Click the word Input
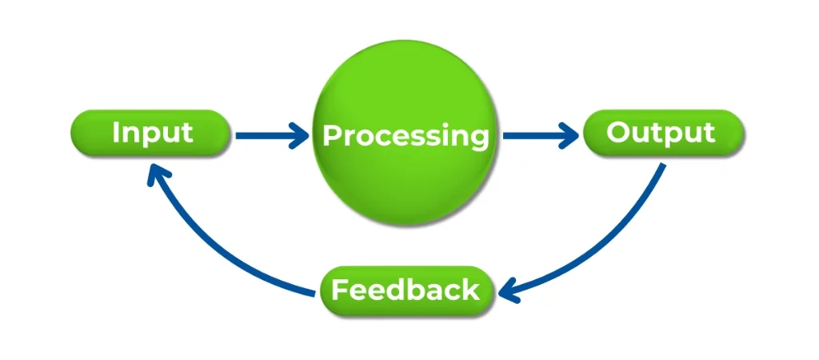click(152, 132)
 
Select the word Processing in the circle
click(406, 135)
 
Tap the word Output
click(661, 132)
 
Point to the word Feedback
click(406, 289)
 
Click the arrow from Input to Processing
click(268, 135)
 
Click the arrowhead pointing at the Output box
click(569, 135)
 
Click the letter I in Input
click(117, 131)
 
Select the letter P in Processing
click(331, 135)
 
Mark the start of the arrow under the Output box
click(662, 166)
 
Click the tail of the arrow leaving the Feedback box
click(314, 295)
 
